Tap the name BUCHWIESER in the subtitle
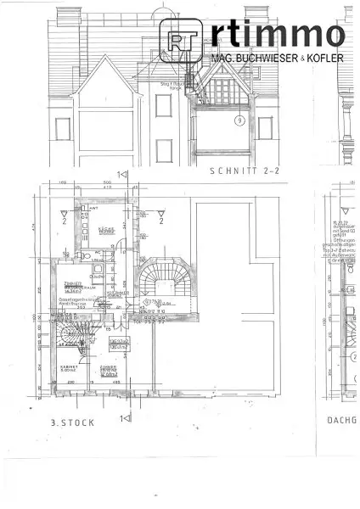click(270, 58)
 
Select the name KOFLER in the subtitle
click(326, 58)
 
